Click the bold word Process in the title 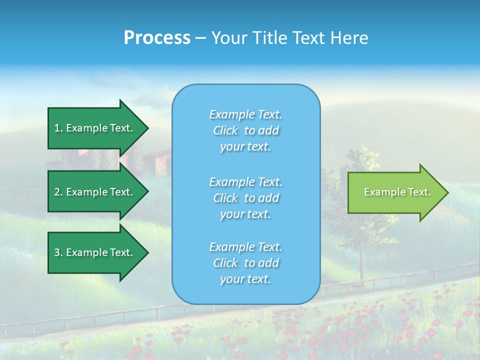157,38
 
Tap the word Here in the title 350,38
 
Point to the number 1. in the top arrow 58,128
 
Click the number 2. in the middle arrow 58,192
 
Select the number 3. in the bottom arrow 58,252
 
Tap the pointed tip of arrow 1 147,128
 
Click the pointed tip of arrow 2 147,192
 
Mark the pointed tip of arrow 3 147,252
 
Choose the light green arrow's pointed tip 447,192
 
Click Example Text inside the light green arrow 397,192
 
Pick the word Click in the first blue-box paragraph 225,131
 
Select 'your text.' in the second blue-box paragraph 245,214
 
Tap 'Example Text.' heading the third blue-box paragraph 245,247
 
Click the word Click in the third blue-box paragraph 225,263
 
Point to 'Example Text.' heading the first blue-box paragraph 245,114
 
